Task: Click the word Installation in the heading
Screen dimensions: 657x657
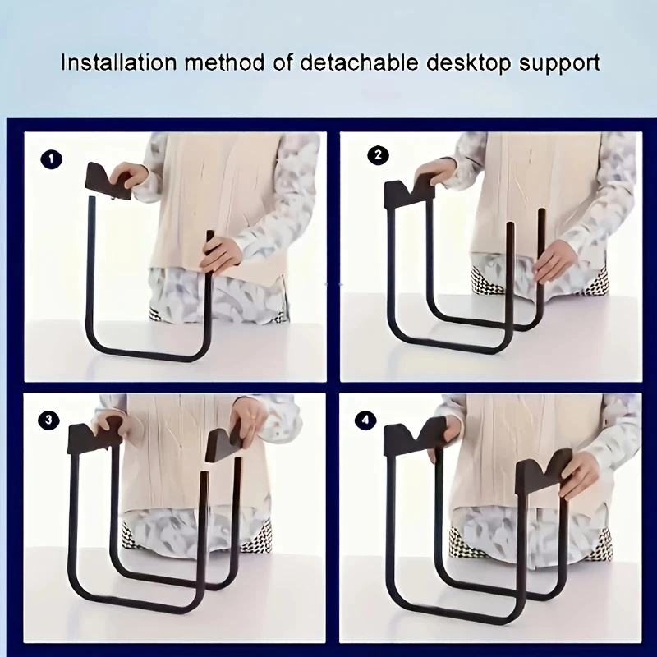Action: coord(118,63)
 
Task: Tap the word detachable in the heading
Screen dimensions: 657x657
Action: coord(359,63)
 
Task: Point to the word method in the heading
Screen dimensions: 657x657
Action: coord(225,63)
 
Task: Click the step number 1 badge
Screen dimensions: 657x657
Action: coord(52,159)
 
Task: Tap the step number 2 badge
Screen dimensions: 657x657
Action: coord(378,155)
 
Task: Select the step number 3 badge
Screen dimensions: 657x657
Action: coord(48,420)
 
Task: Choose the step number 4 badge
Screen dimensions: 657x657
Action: coord(365,420)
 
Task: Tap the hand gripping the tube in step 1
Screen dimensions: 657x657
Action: coord(220,254)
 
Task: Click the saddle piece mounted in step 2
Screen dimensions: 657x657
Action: coord(409,193)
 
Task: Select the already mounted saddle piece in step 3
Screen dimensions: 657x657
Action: coord(93,439)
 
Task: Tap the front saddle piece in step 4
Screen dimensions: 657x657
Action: coord(544,471)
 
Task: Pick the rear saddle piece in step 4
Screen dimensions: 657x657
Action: coord(415,438)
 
